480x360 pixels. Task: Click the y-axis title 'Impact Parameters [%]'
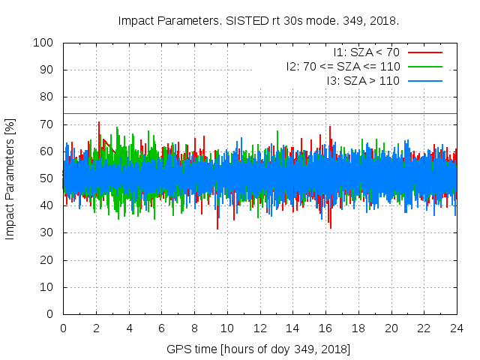pos(10,178)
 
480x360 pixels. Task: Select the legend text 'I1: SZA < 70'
pos(367,52)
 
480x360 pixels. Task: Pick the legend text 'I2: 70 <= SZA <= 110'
pos(343,66)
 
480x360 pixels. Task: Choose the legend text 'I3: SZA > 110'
pos(363,79)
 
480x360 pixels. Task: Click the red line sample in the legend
pos(424,52)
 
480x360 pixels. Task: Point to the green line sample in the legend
pos(424,66)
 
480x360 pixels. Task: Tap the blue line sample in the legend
pos(424,79)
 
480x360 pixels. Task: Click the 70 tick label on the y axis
pos(49,124)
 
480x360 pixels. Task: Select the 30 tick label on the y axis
pos(49,232)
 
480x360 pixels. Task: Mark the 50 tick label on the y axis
pos(49,178)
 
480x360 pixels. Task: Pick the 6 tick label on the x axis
pos(161,328)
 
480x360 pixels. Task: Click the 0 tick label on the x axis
pos(63,328)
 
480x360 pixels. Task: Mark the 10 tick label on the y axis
pos(49,286)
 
